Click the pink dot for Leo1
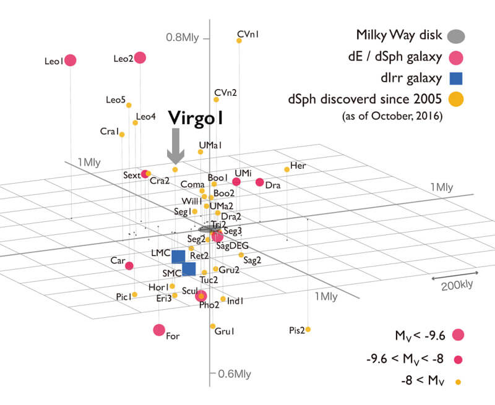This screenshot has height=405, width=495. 71,60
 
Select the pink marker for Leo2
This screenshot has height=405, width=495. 140,58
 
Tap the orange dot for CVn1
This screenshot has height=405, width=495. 239,41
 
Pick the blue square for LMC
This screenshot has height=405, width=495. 179,257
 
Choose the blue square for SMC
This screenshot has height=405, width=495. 189,269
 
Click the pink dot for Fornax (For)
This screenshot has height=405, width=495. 159,330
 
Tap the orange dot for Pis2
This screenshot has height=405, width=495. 308,329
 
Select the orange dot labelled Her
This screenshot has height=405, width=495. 286,169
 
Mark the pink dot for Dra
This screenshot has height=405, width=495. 260,182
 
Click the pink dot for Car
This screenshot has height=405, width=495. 129,266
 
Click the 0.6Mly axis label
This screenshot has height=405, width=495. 233,373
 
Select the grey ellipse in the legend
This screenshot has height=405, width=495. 456,35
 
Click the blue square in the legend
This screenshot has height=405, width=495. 456,78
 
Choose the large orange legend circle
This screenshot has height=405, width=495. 456,98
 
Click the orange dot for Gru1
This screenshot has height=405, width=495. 212,326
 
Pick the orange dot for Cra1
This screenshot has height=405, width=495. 122,134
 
